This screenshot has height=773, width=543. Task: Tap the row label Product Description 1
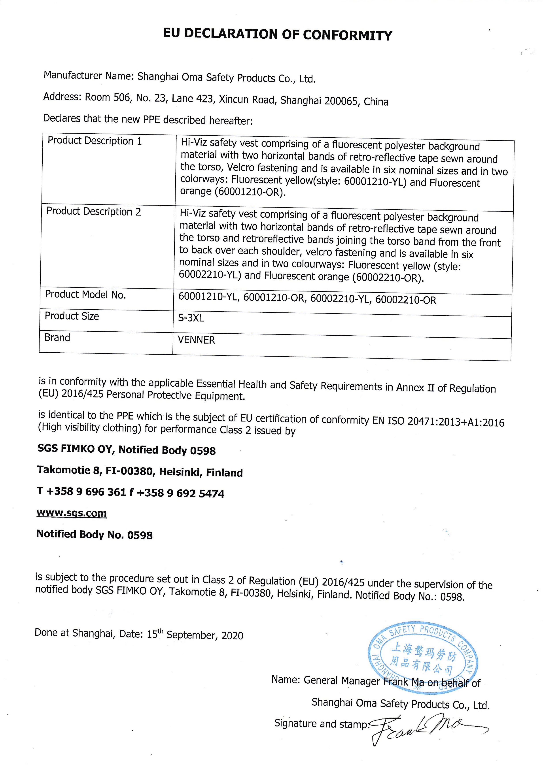coord(95,141)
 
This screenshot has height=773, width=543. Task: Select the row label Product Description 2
coord(94,212)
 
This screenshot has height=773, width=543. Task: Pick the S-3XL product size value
coord(191,318)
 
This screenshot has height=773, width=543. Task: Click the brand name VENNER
coord(196,340)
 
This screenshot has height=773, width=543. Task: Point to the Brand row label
coord(57,337)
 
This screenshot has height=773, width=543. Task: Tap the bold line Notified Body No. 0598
coord(94,535)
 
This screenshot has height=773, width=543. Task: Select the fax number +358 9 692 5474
coord(180,493)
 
